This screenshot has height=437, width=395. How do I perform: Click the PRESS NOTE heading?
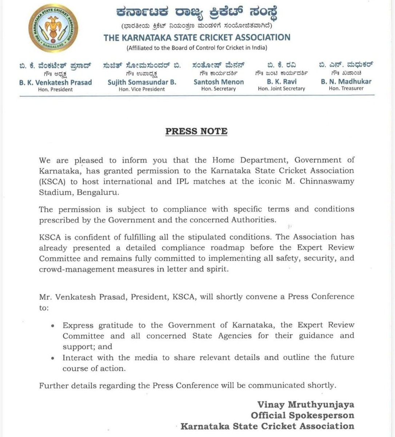click(196, 131)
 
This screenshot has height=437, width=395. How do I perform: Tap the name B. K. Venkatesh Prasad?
click(56, 82)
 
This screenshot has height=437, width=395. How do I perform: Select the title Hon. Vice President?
click(142, 89)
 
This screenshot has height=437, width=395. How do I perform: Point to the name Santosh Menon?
click(219, 82)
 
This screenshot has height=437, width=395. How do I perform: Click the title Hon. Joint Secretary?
click(281, 88)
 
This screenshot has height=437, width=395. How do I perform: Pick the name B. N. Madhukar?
click(346, 82)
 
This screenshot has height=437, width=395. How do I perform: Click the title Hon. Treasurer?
click(346, 88)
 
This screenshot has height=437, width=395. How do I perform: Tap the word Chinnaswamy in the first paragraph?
click(327, 181)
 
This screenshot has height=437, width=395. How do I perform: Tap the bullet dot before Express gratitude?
click(53, 326)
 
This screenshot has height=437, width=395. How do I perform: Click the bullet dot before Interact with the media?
click(53, 358)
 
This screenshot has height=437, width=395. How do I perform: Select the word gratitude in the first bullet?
click(111, 325)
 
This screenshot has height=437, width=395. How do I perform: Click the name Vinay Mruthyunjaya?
click(306, 405)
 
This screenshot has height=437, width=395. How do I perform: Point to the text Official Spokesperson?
click(302, 416)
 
